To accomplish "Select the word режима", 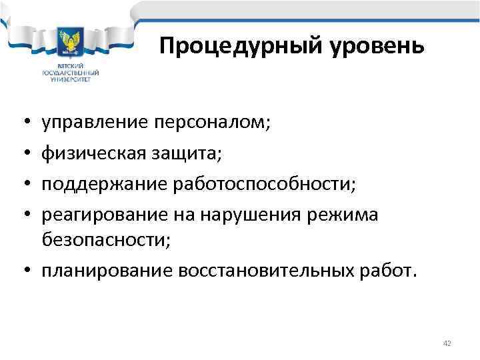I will pos(349,215).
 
